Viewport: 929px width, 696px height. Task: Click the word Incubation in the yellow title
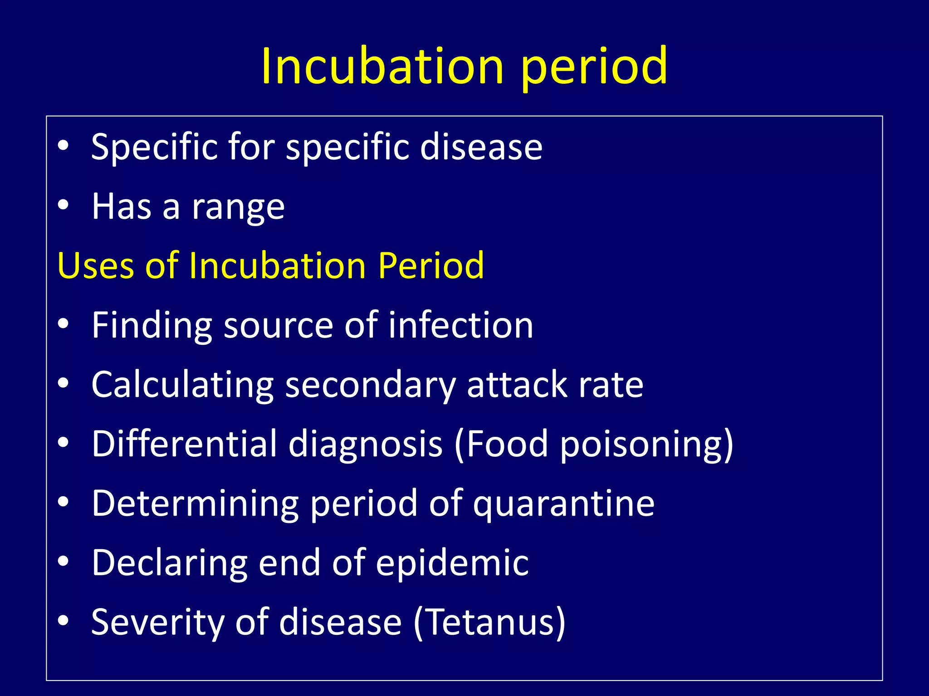(382, 67)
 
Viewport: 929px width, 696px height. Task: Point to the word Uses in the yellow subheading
(96, 266)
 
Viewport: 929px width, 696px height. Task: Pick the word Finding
(152, 326)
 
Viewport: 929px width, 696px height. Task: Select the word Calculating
(182, 385)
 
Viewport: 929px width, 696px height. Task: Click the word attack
(517, 385)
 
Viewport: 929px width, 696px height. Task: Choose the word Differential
(184, 444)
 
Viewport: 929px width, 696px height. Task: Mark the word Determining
(195, 503)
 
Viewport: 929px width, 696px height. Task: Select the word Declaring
(169, 563)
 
